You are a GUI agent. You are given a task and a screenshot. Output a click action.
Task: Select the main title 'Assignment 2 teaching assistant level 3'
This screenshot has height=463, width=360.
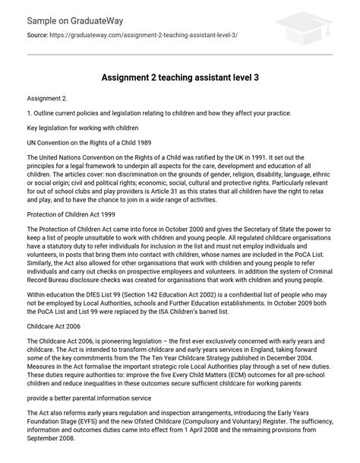point(179,78)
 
